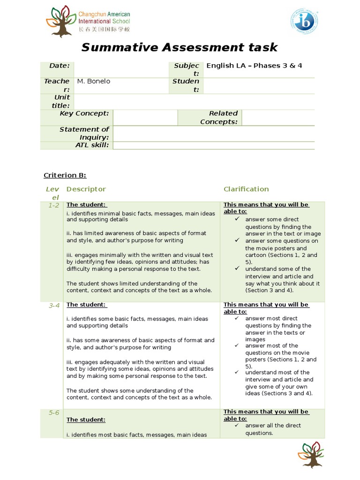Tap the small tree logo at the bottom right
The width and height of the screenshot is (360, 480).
point(311,454)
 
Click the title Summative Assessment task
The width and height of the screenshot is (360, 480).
point(180,47)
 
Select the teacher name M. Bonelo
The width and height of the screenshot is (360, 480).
point(94,81)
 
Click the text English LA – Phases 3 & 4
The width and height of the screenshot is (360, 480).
point(254,65)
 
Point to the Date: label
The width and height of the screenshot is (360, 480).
point(60,66)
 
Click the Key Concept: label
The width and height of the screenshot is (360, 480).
point(84,113)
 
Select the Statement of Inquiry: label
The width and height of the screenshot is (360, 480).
point(84,133)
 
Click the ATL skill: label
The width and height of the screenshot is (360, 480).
point(92,145)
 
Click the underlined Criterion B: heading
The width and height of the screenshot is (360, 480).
point(65,175)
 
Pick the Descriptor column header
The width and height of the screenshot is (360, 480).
point(86,189)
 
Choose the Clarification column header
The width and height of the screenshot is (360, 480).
point(246,189)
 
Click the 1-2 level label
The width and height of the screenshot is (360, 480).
point(53,205)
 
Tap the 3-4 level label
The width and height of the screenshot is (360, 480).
point(53,305)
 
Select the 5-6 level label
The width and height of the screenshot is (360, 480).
point(53,413)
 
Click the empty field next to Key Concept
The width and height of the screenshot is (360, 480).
point(145,118)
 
